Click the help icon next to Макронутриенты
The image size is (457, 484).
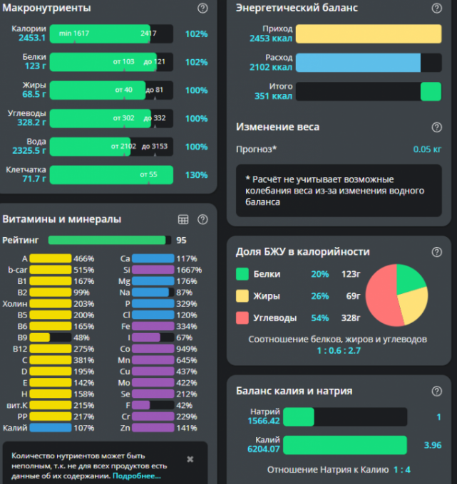pos(202,9)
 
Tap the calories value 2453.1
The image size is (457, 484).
pos(32,38)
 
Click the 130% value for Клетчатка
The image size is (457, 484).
pos(196,175)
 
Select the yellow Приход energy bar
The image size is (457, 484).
pos(368,33)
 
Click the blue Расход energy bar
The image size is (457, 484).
pos(358,63)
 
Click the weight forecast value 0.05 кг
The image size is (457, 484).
pos(427,149)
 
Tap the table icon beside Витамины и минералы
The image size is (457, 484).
pos(183,219)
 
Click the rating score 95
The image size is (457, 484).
pos(181,240)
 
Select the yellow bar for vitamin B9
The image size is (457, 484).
pos(40,337)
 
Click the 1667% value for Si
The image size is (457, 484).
pos(190,270)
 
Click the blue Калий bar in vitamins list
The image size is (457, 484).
pos(50,428)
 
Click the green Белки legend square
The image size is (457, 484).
pos(242,274)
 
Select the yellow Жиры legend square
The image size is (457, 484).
pos(242,296)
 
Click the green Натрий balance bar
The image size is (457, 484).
pos(298,416)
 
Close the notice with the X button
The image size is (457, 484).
pos(190,459)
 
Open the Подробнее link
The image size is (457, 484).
pos(137,475)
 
